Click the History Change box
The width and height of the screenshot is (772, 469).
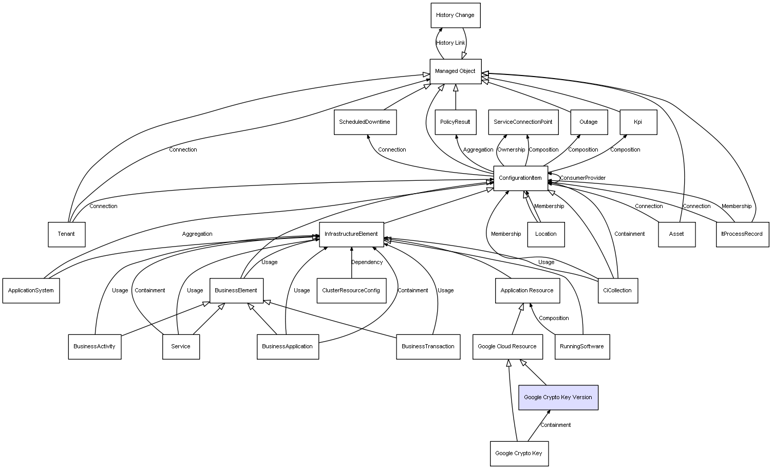pyautogui.click(x=455, y=15)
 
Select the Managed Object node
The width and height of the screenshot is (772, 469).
pyautogui.click(x=455, y=71)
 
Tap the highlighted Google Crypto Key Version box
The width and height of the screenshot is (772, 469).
pyautogui.click(x=558, y=397)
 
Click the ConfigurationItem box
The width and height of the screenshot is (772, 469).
pyautogui.click(x=520, y=178)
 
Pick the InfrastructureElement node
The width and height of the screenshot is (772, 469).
pyautogui.click(x=351, y=234)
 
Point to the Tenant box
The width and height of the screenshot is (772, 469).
pyautogui.click(x=66, y=234)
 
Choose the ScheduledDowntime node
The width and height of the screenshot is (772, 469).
pyautogui.click(x=365, y=122)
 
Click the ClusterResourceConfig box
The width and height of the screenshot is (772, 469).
pyautogui.click(x=351, y=291)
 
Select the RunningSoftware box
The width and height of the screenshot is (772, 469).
pyautogui.click(x=582, y=347)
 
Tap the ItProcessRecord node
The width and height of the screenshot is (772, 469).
pyautogui.click(x=742, y=234)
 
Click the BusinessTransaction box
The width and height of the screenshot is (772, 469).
pyautogui.click(x=428, y=347)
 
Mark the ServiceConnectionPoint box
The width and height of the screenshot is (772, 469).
pyautogui.click(x=523, y=122)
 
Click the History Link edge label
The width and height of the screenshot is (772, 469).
pyautogui.click(x=450, y=43)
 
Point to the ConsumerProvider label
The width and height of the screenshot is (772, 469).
pyautogui.click(x=582, y=178)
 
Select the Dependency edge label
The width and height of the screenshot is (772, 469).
pyautogui.click(x=367, y=262)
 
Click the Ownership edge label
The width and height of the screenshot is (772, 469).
pyautogui.click(x=511, y=150)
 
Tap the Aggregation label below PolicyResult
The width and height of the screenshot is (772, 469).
pyautogui.click(x=478, y=150)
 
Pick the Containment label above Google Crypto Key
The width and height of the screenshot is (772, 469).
pyautogui.click(x=555, y=425)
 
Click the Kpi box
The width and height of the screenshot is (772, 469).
pyautogui.click(x=638, y=122)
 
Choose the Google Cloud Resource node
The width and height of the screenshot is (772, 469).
pyautogui.click(x=507, y=347)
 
